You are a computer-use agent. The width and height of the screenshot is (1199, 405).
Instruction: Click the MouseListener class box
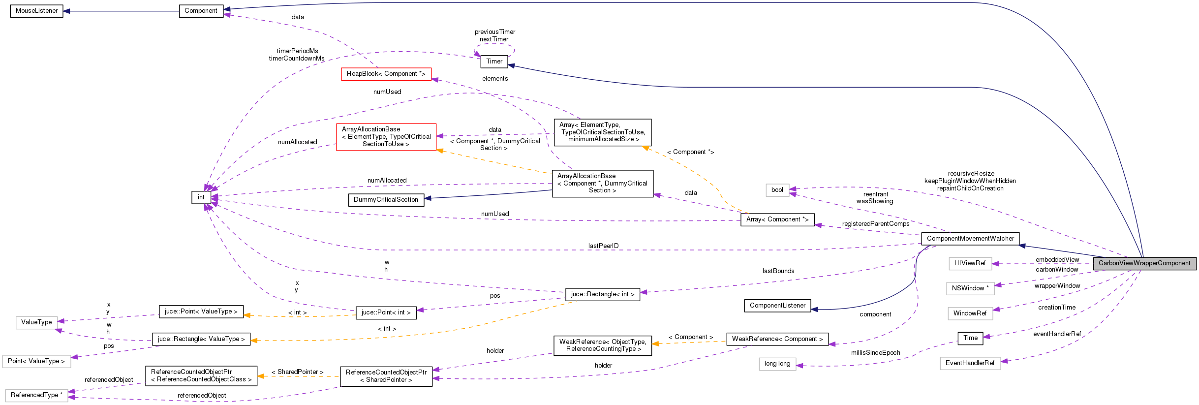click(36, 11)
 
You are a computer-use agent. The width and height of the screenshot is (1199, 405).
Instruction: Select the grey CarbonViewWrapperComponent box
click(1144, 263)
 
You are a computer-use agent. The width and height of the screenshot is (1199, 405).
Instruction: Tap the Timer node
click(494, 62)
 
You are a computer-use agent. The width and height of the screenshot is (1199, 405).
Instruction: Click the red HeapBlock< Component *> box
click(386, 74)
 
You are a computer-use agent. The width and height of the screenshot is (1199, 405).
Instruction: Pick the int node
click(201, 197)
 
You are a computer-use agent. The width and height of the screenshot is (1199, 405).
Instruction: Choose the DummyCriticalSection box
click(386, 200)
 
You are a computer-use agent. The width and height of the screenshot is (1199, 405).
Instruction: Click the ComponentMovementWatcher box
click(970, 239)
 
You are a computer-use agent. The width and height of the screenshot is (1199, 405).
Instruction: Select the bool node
click(777, 190)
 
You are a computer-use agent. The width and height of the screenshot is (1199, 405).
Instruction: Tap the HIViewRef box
click(969, 263)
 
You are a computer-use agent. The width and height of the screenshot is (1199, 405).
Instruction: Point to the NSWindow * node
click(970, 288)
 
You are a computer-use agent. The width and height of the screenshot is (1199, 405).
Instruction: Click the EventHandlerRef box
click(969, 363)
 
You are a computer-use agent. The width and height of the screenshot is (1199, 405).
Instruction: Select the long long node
click(777, 364)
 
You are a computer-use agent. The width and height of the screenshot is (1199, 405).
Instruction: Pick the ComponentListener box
click(777, 306)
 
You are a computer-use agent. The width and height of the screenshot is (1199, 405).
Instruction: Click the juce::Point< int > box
click(386, 312)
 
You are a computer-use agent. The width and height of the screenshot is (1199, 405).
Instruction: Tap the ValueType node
click(36, 322)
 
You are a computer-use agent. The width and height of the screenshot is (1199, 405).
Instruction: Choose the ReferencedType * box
click(36, 395)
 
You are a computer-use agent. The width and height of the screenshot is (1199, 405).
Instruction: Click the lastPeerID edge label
click(603, 246)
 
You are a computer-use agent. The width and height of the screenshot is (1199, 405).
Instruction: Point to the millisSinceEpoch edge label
click(875, 353)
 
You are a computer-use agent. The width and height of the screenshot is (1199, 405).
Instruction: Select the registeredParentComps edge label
click(875, 224)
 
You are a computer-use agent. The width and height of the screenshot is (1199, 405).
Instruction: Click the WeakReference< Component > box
click(777, 339)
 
